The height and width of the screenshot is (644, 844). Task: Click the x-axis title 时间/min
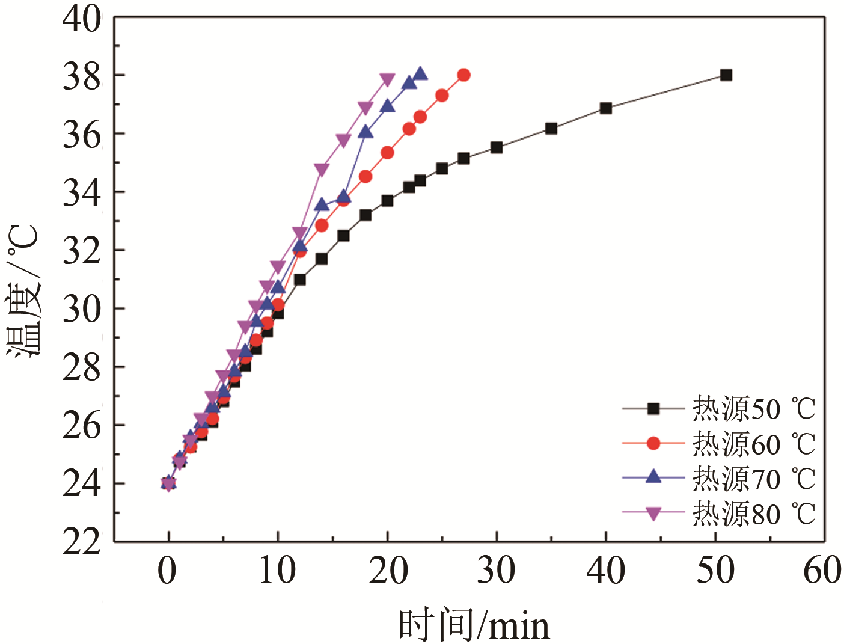[474, 625]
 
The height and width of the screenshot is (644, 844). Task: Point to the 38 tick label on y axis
[82, 77]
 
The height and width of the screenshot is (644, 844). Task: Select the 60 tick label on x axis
[822, 571]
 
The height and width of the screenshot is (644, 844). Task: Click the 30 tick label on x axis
[496, 571]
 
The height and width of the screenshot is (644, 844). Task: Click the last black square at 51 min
[726, 75]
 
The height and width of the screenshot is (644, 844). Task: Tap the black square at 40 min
[606, 108]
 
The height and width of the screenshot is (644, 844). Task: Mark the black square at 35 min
[551, 129]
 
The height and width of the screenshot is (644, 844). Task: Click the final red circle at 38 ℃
[463, 75]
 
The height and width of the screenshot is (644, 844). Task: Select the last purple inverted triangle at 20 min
[387, 79]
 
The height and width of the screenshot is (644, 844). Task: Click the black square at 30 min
[497, 147]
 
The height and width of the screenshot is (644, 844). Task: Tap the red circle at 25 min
[442, 96]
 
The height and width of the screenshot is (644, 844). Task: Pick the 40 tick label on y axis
[82, 19]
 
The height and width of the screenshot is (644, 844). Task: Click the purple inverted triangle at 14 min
[322, 170]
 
